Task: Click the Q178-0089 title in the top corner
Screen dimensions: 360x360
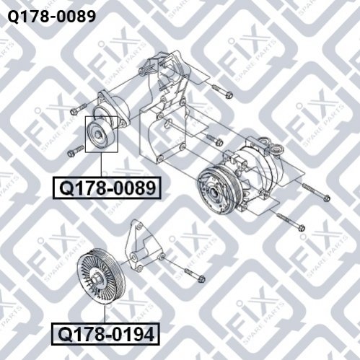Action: [x=52, y=17]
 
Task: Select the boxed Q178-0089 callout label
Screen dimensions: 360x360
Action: [x=107, y=188]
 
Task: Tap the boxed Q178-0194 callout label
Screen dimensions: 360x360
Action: [x=105, y=334]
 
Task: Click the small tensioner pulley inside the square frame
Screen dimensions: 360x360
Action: [x=100, y=135]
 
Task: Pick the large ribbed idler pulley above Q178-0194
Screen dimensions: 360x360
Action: [x=100, y=276]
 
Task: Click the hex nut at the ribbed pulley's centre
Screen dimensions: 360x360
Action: [x=96, y=280]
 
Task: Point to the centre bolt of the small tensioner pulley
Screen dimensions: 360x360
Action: [x=98, y=135]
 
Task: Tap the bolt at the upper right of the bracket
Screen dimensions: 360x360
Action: [x=222, y=92]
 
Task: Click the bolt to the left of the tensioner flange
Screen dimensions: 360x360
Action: [x=79, y=108]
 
